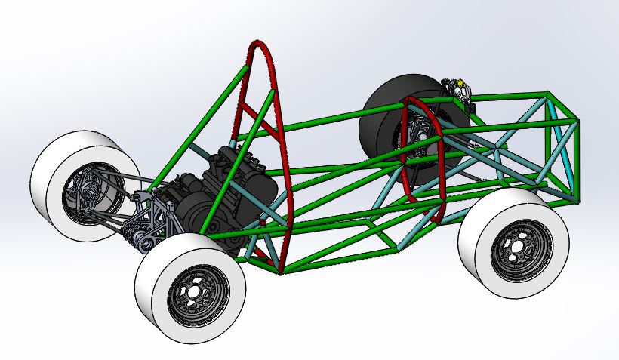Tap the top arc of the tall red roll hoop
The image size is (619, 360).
260,48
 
